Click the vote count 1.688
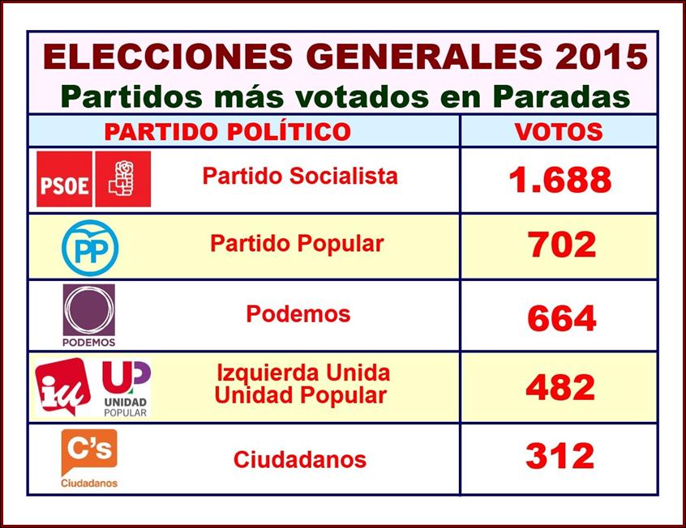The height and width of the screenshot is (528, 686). click(x=560, y=180)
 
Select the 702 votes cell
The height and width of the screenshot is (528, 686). click(x=562, y=245)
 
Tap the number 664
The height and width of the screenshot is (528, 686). click(x=561, y=318)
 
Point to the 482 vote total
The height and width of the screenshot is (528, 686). click(x=560, y=388)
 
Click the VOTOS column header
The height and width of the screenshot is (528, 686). click(x=559, y=131)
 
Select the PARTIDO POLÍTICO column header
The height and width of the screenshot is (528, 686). click(x=227, y=131)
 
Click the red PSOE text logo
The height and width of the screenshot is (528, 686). click(x=64, y=179)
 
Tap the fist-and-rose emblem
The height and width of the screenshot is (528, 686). click(x=122, y=178)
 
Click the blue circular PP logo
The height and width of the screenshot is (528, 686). click(x=90, y=246)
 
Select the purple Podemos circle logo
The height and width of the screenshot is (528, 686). click(x=88, y=310)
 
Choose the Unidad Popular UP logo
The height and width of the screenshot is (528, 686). click(x=126, y=387)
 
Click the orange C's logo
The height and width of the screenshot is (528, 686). click(x=89, y=453)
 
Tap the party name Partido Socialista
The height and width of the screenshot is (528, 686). click(x=299, y=176)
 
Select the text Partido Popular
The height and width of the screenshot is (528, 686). click(x=297, y=243)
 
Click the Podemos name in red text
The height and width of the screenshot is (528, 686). click(x=298, y=314)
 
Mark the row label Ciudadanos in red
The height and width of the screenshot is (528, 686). click(x=299, y=460)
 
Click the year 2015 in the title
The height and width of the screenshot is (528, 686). click(x=601, y=56)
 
